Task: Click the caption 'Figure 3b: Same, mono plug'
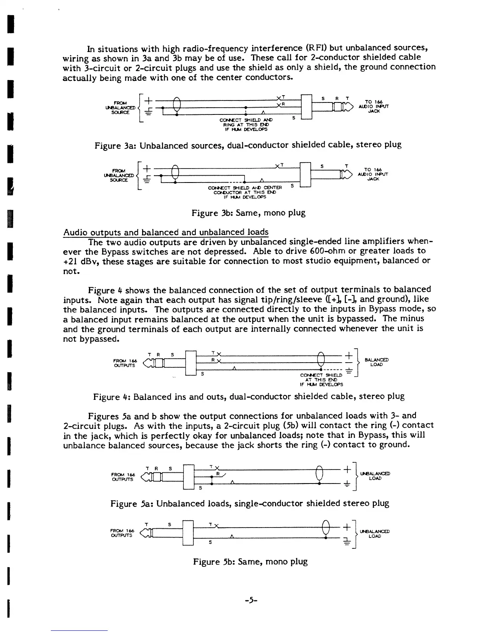tap(248, 213)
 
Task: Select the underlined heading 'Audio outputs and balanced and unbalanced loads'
tap(166, 233)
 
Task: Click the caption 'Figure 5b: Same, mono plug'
tap(250, 562)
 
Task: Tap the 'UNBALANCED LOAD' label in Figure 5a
tap(375, 476)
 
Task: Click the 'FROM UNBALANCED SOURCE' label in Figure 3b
tap(120, 175)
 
